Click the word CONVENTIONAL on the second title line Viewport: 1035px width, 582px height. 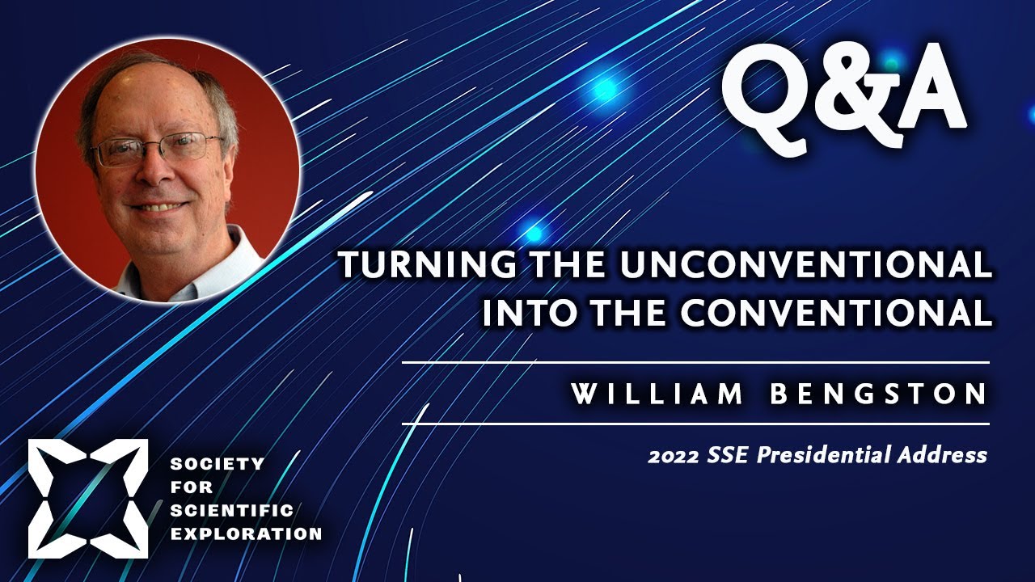[x=836, y=312]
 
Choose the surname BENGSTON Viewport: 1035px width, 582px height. [x=878, y=394]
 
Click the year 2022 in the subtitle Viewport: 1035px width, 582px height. [x=673, y=457]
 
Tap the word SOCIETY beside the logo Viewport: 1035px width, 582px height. [x=218, y=463]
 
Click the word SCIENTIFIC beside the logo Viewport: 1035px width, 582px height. [x=232, y=510]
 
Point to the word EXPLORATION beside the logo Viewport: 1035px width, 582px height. [x=247, y=534]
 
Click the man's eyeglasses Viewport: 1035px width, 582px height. [x=157, y=149]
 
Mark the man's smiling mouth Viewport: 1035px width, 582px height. [x=159, y=206]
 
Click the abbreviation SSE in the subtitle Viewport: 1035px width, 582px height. [x=728, y=455]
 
